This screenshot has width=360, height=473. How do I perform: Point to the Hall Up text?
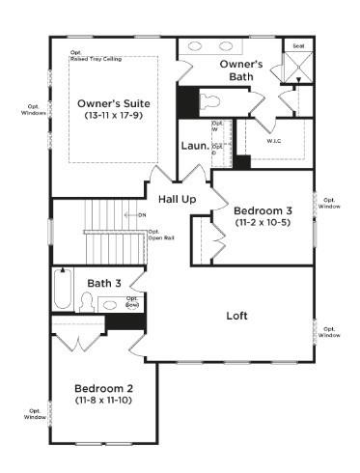(x=178, y=198)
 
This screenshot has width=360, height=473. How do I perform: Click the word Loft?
(x=236, y=316)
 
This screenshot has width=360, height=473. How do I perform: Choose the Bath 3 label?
(x=104, y=283)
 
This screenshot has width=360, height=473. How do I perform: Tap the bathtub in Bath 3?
(x=63, y=290)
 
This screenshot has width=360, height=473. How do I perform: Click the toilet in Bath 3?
(x=87, y=302)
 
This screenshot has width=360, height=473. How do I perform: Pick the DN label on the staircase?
(x=140, y=213)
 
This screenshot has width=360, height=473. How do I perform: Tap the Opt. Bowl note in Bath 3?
(x=132, y=301)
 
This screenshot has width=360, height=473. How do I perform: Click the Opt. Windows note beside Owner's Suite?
(x=33, y=109)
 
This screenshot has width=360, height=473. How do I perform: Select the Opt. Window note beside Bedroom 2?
(x=35, y=412)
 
